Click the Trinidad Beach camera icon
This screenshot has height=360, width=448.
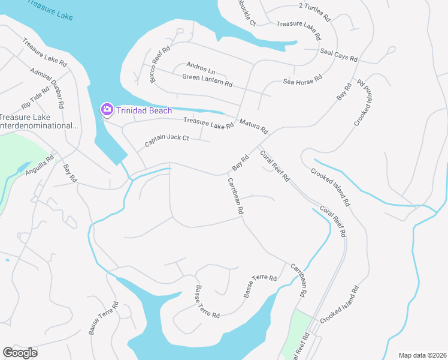107,109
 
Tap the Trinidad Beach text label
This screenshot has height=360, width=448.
144,110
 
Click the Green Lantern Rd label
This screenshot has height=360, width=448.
207,80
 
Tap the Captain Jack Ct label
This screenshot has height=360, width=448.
167,142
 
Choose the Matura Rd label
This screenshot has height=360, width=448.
253,126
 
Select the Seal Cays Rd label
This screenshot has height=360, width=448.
338,55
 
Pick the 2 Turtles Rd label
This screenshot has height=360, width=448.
314,12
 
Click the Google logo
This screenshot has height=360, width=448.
20,353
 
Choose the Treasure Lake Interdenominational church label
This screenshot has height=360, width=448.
40,122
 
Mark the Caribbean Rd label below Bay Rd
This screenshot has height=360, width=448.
235,196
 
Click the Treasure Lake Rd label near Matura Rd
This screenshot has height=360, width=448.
208,123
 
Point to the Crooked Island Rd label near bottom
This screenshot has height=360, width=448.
339,306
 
